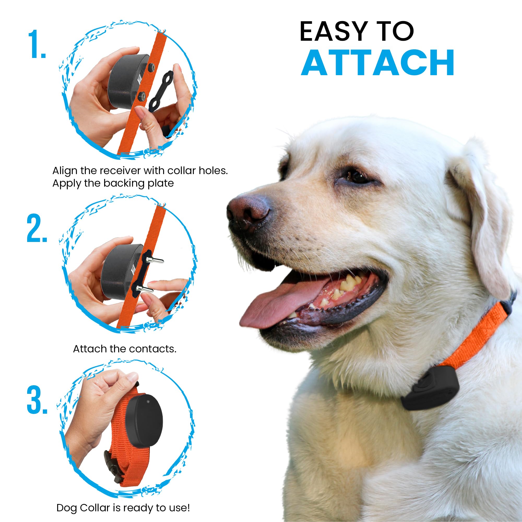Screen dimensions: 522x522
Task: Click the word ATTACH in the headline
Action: (x=377, y=63)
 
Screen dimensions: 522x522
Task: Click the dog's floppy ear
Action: (x=484, y=216)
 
